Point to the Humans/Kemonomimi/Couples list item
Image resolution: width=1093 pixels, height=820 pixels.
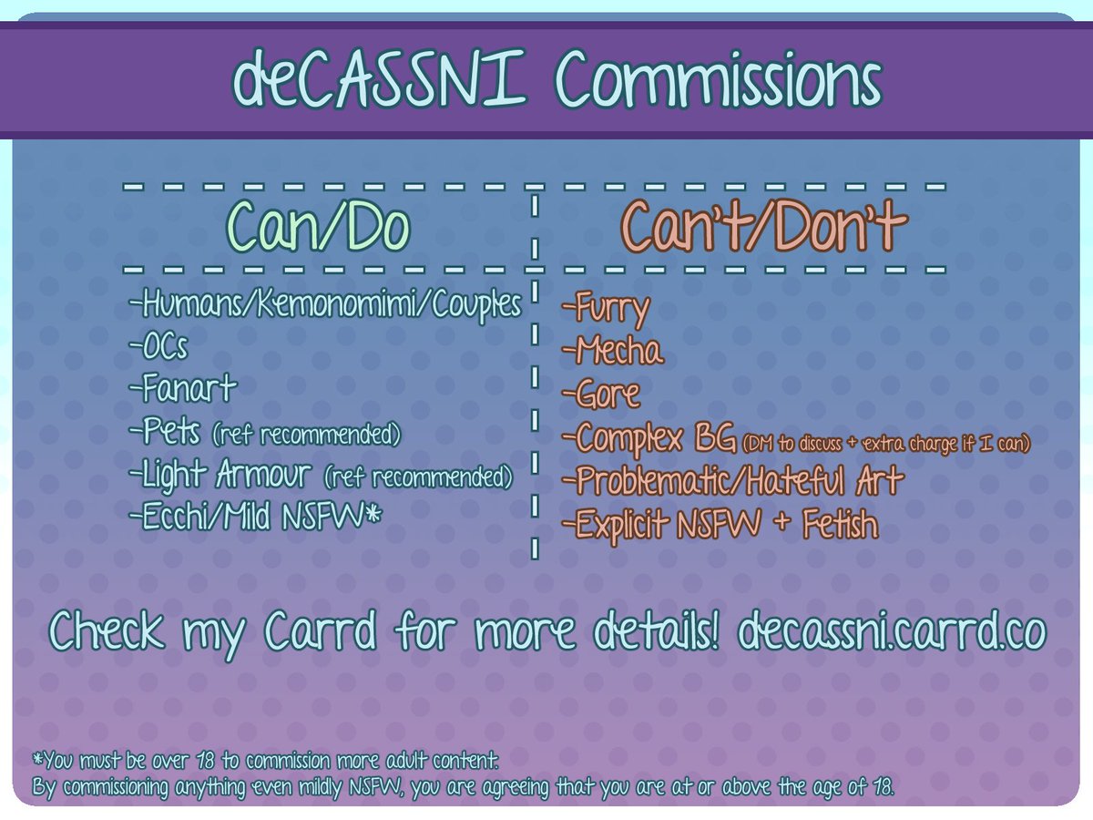pyautogui.click(x=328, y=305)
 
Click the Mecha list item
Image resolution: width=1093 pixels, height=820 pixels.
pyautogui.click(x=613, y=351)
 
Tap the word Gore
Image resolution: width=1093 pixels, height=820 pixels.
pyautogui.click(x=601, y=395)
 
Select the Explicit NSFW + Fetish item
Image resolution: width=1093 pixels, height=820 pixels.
pyautogui.click(x=720, y=525)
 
